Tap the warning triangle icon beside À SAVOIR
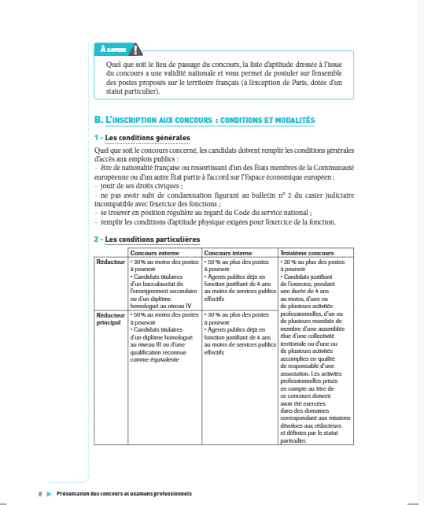coord(138,48)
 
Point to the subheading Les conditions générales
coord(147,139)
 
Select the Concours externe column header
coord(154,252)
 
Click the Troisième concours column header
coord(307,252)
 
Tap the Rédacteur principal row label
coord(109,318)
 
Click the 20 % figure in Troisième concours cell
coord(292,260)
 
